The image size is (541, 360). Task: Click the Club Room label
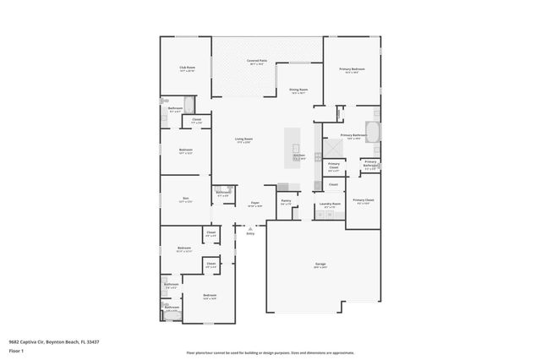point(187,67)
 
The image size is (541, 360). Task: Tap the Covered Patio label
point(257,61)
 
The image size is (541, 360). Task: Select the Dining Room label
point(298,90)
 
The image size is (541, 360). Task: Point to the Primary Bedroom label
point(352,68)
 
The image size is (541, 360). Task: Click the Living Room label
point(243,139)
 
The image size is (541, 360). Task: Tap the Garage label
point(320,264)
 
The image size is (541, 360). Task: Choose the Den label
point(186,199)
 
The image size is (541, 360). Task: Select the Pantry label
point(286,201)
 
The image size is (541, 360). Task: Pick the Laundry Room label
point(330,204)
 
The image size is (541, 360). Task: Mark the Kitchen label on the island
point(298,155)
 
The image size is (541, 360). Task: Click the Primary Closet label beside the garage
point(364,200)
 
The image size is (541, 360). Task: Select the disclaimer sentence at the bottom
point(270,352)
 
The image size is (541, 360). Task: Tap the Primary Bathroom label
point(352,135)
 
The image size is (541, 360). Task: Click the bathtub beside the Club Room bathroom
point(190,106)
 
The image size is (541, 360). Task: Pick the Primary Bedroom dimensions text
point(352,73)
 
